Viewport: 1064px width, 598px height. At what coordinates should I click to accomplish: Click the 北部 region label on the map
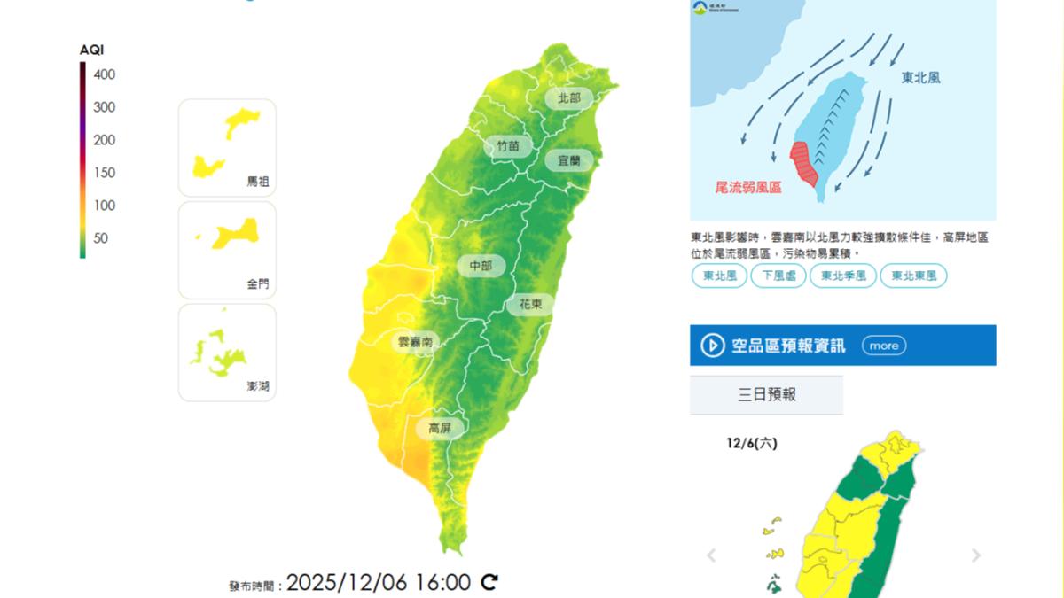[x=568, y=98]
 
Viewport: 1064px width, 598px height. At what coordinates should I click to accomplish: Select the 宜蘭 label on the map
[x=562, y=160]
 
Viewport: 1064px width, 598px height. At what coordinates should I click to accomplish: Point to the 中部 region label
[x=481, y=265]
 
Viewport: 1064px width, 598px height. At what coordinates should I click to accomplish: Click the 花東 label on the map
[x=530, y=304]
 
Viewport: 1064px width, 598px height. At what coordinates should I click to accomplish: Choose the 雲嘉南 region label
[x=415, y=341]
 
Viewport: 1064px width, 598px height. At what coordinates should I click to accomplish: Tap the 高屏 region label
[x=441, y=428]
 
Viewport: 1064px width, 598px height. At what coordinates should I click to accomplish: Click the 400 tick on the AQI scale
[x=104, y=74]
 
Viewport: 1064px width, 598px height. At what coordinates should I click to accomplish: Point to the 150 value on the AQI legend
[x=104, y=173]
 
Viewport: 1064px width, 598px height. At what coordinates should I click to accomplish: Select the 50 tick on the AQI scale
[x=100, y=238]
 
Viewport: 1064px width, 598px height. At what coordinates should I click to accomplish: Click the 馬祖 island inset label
[x=257, y=182]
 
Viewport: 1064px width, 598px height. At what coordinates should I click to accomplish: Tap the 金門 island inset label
[x=257, y=284]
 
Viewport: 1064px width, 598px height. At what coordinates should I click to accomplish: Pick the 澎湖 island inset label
[x=257, y=387]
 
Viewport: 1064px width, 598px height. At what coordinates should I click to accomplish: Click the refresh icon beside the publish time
[x=489, y=582]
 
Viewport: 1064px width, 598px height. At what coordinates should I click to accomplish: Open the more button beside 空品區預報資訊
[x=883, y=346]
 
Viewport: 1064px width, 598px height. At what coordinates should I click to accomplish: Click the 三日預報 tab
[x=767, y=394]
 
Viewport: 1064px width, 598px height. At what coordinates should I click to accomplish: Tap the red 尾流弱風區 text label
[x=748, y=188]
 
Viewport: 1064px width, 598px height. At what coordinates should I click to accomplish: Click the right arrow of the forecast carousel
[x=975, y=555]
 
